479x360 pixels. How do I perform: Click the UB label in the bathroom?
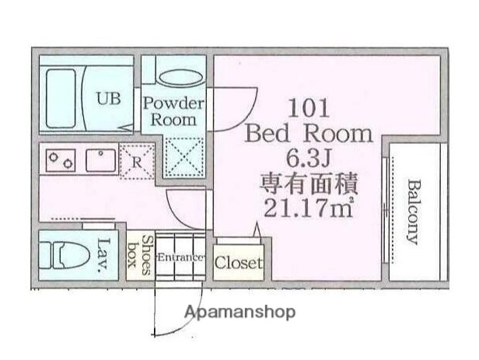point(108,99)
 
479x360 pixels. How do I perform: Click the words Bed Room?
point(309,133)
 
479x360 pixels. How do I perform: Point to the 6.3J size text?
point(309,159)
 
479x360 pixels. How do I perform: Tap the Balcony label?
point(413,211)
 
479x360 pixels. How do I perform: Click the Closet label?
point(239,263)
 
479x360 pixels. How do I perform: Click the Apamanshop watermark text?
point(239,313)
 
